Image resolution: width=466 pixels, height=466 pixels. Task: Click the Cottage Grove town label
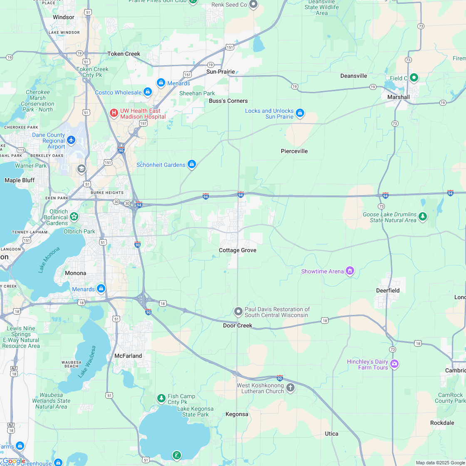coord(238,250)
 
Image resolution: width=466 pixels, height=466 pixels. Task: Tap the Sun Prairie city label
coord(221,72)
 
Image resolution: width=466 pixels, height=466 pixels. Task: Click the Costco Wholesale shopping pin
coord(147,92)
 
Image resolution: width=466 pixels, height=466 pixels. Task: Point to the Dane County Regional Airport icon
coord(71,140)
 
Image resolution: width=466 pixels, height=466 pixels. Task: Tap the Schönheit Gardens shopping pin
coord(191,164)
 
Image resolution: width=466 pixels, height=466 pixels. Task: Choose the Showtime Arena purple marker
coord(350,271)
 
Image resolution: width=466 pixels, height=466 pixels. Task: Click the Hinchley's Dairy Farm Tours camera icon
coord(394,364)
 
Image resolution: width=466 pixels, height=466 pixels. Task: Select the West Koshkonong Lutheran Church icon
coord(290,388)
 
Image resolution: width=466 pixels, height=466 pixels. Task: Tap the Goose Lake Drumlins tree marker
coord(423,216)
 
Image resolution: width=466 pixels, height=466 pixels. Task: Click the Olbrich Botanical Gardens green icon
coord(74,216)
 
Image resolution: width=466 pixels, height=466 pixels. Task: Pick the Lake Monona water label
coord(49,260)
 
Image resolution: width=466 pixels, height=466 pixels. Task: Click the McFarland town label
coord(128,356)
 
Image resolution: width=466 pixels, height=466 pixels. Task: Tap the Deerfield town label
coord(388,290)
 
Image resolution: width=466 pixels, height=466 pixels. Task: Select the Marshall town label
coord(399,97)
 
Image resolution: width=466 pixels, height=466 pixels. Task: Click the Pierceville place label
coord(294,151)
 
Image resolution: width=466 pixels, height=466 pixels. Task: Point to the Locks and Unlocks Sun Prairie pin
coord(300,113)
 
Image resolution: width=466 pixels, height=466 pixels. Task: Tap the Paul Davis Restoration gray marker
coord(238,311)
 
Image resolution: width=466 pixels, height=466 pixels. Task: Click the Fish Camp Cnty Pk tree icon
coord(161,399)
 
